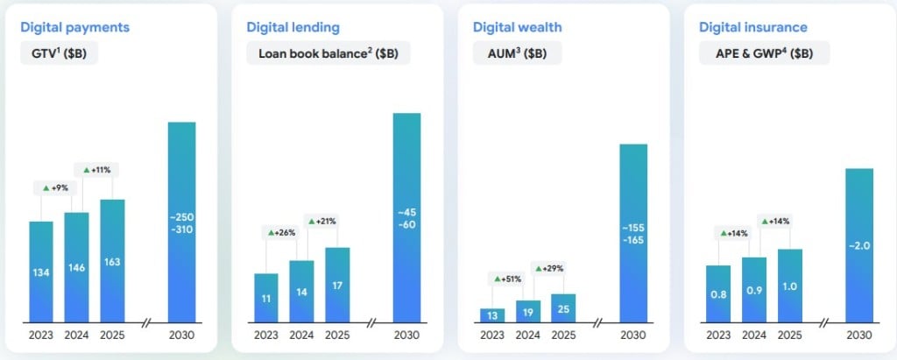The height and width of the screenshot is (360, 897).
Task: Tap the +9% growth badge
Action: click(53, 187)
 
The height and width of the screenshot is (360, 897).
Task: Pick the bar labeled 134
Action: click(41, 272)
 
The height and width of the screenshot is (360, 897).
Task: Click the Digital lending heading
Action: click(293, 27)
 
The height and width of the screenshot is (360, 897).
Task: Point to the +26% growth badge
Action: click(281, 233)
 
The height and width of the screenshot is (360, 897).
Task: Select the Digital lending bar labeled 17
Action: click(337, 285)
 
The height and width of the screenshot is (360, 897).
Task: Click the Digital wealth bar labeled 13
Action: click(492, 315)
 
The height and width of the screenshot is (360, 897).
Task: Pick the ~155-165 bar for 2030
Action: click(633, 233)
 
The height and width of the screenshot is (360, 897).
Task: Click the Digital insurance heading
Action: click(753, 27)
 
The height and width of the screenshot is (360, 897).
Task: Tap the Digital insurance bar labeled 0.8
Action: click(718, 293)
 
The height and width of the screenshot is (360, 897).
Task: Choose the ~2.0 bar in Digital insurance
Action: click(859, 245)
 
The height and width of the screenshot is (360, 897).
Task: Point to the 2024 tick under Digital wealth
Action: click(528, 335)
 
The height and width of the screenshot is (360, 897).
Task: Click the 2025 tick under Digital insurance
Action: click(790, 335)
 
